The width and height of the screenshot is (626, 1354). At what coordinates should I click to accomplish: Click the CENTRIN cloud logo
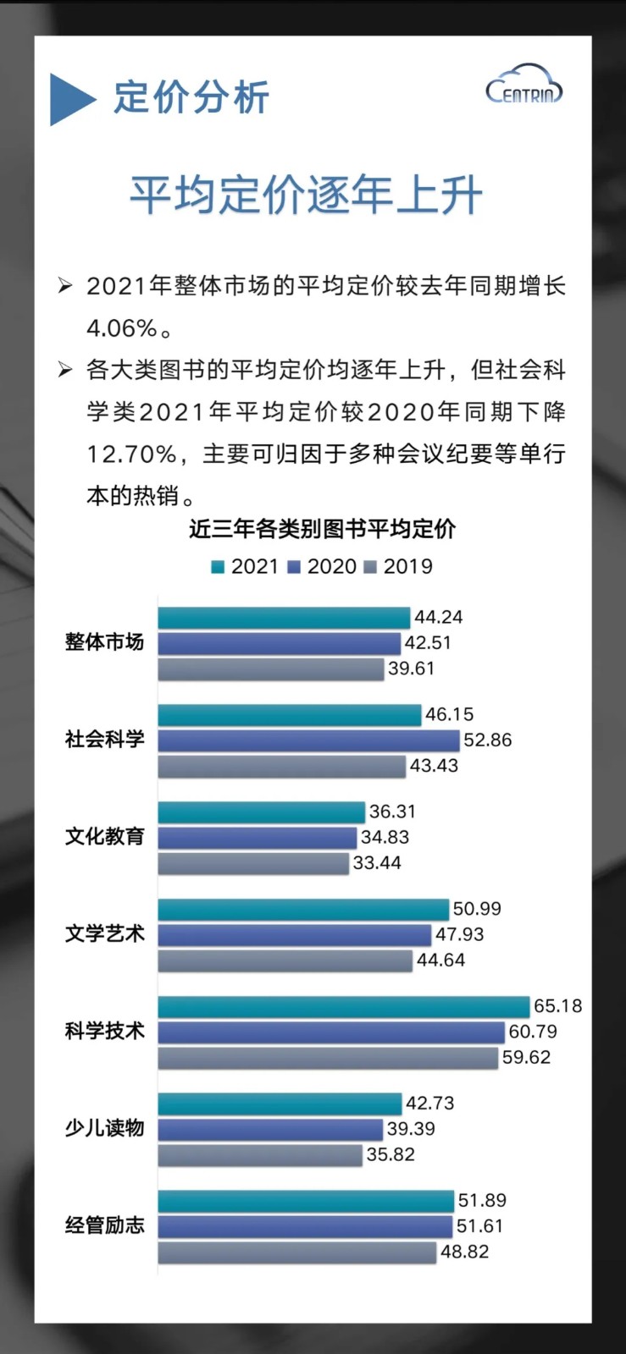tap(524, 85)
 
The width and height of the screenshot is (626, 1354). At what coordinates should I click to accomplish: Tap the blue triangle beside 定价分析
tap(70, 99)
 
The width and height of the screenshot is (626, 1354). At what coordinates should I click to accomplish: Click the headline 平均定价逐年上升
tap(306, 196)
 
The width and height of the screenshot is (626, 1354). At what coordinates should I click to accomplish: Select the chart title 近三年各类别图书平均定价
tap(322, 529)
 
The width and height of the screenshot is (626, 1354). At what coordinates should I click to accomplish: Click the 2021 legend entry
tap(245, 566)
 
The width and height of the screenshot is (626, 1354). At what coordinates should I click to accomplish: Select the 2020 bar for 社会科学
tap(308, 740)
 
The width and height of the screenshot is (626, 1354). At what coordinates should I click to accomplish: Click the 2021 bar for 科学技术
tap(343, 1006)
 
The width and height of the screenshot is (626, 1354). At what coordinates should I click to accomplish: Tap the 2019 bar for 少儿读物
tap(259, 1155)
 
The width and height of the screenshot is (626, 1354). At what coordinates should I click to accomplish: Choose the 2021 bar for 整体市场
tap(283, 618)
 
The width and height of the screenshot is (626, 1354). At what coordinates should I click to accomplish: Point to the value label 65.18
tap(557, 1006)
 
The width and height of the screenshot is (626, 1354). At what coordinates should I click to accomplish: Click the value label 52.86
tap(487, 740)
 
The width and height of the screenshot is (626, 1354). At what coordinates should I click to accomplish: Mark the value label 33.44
tap(377, 863)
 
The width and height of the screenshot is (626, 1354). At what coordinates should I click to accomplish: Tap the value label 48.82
tap(464, 1252)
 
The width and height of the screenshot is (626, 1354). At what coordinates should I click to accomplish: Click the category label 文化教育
tap(105, 837)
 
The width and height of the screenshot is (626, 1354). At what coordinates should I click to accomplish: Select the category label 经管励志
tap(105, 1225)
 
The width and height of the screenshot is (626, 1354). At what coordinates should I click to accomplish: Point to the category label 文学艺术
tap(105, 934)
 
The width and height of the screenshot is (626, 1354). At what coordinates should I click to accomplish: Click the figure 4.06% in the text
tap(122, 328)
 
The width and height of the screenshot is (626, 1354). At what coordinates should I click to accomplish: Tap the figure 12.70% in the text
tap(131, 454)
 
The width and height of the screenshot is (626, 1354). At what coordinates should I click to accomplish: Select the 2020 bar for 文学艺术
tap(294, 935)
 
